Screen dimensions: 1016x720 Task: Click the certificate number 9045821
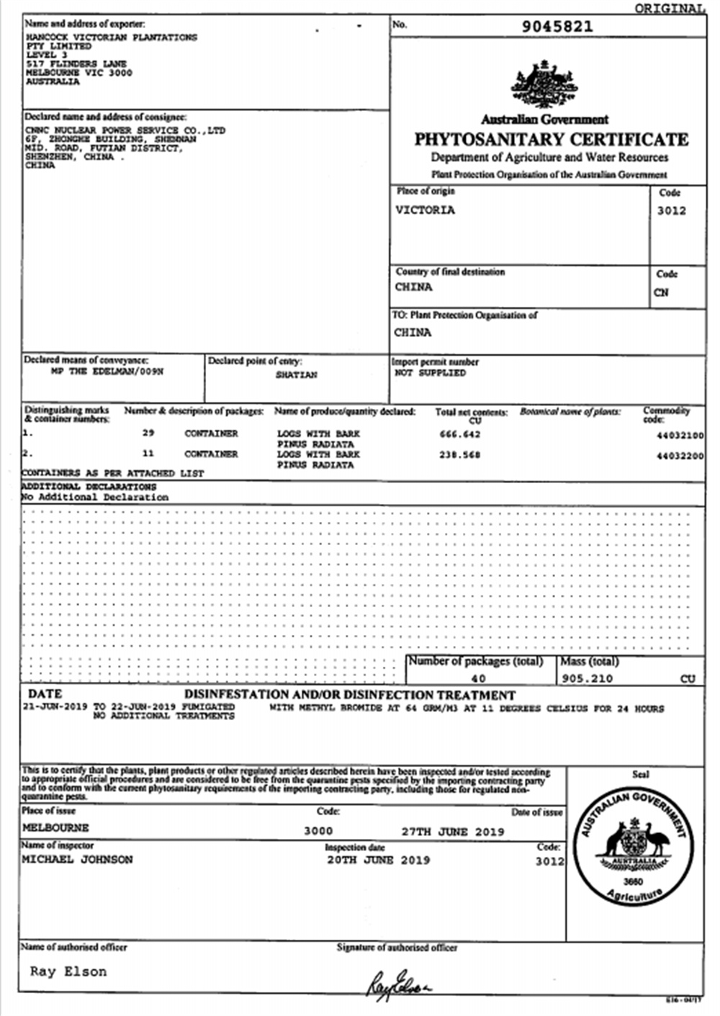point(557,27)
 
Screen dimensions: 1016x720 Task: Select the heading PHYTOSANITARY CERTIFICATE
point(551,139)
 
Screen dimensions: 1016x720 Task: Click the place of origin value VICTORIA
point(425,210)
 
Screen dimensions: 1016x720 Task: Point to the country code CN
point(661,292)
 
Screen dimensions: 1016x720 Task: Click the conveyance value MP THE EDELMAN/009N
point(107,372)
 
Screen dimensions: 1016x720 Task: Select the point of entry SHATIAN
point(296,375)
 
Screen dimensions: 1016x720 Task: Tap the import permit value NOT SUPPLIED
point(430,373)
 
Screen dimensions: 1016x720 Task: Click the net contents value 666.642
point(459,434)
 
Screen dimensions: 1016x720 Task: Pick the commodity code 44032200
point(680,456)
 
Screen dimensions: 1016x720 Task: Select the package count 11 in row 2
point(148,454)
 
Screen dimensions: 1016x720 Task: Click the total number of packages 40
point(478,678)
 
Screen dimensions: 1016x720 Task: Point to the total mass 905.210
point(588,678)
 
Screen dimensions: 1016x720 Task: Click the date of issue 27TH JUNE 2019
point(453,832)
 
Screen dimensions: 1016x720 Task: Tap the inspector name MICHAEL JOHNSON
point(77,860)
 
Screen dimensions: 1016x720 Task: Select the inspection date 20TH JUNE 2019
point(378,860)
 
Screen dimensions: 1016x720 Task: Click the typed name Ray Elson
point(68,971)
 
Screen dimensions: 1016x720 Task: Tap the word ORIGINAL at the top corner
point(669,8)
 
